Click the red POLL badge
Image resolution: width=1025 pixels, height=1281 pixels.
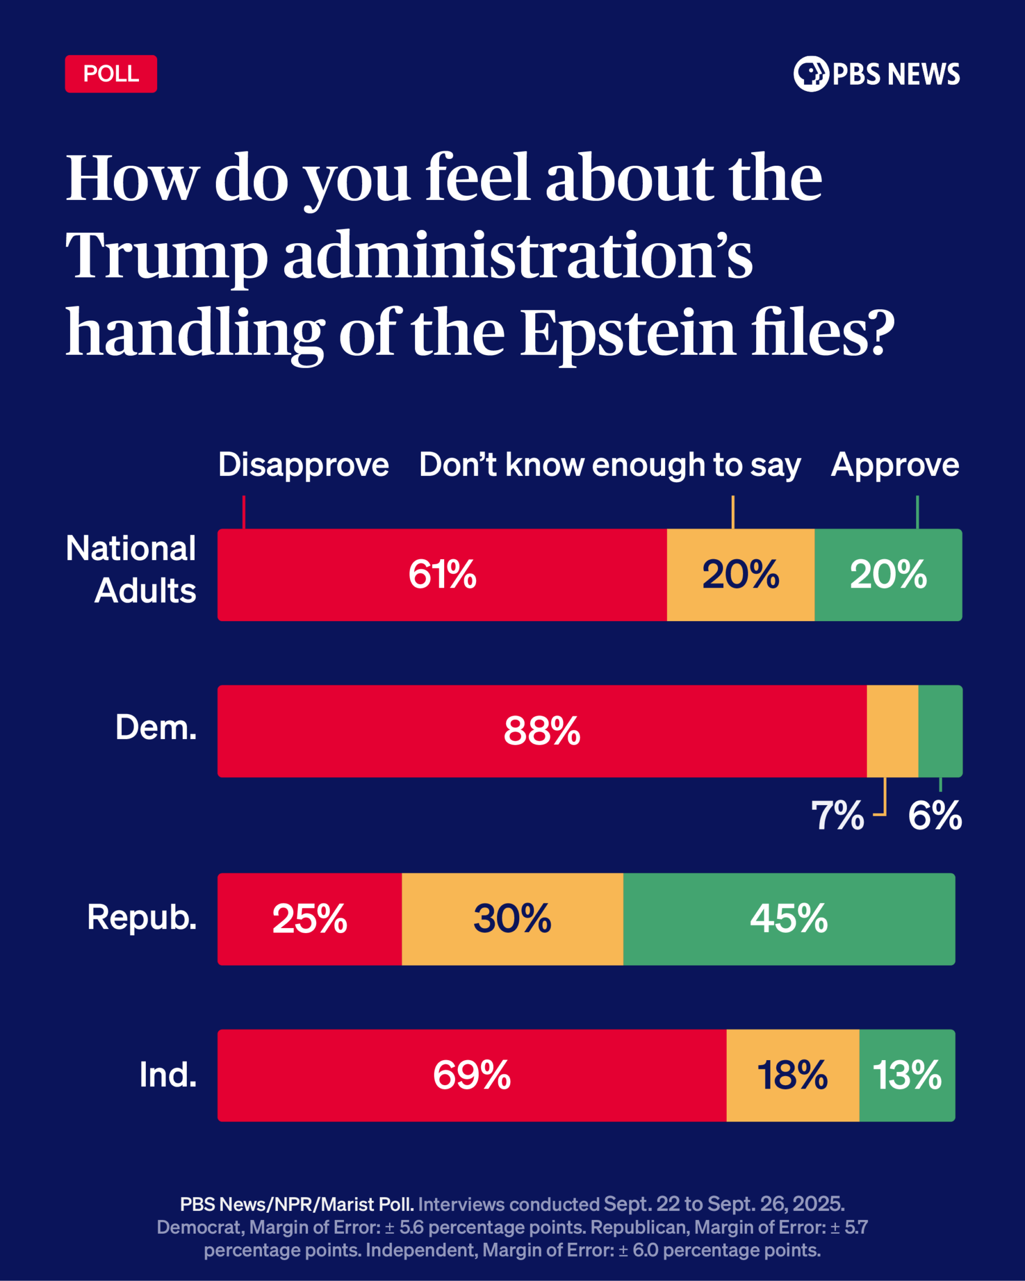point(110,73)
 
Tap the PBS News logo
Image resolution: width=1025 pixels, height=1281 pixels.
point(876,73)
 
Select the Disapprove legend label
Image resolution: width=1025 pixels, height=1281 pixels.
point(303,465)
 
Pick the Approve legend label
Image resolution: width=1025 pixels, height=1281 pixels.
point(895,465)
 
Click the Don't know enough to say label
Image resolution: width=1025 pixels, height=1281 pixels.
point(610,465)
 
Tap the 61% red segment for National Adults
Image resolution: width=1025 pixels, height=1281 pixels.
point(442,574)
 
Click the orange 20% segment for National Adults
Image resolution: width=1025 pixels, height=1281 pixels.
point(740,574)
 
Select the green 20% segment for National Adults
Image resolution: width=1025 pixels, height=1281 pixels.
point(888,574)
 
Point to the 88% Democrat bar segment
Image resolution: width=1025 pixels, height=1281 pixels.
point(542,731)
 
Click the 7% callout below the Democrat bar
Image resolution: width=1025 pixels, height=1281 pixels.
point(837,816)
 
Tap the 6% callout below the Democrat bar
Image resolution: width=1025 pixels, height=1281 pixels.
point(934,816)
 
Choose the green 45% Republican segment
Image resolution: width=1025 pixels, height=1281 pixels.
point(789,918)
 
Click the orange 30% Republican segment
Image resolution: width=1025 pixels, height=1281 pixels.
point(512,918)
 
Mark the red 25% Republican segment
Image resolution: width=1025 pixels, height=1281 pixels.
point(310,918)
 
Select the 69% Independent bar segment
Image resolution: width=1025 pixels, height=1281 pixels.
point(472,1075)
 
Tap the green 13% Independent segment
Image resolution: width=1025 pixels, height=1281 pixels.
point(907,1075)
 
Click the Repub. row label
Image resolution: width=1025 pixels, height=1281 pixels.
point(141,917)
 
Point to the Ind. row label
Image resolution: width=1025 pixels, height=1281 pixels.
point(167,1074)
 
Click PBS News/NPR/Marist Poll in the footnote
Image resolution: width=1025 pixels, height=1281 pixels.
point(297,1204)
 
